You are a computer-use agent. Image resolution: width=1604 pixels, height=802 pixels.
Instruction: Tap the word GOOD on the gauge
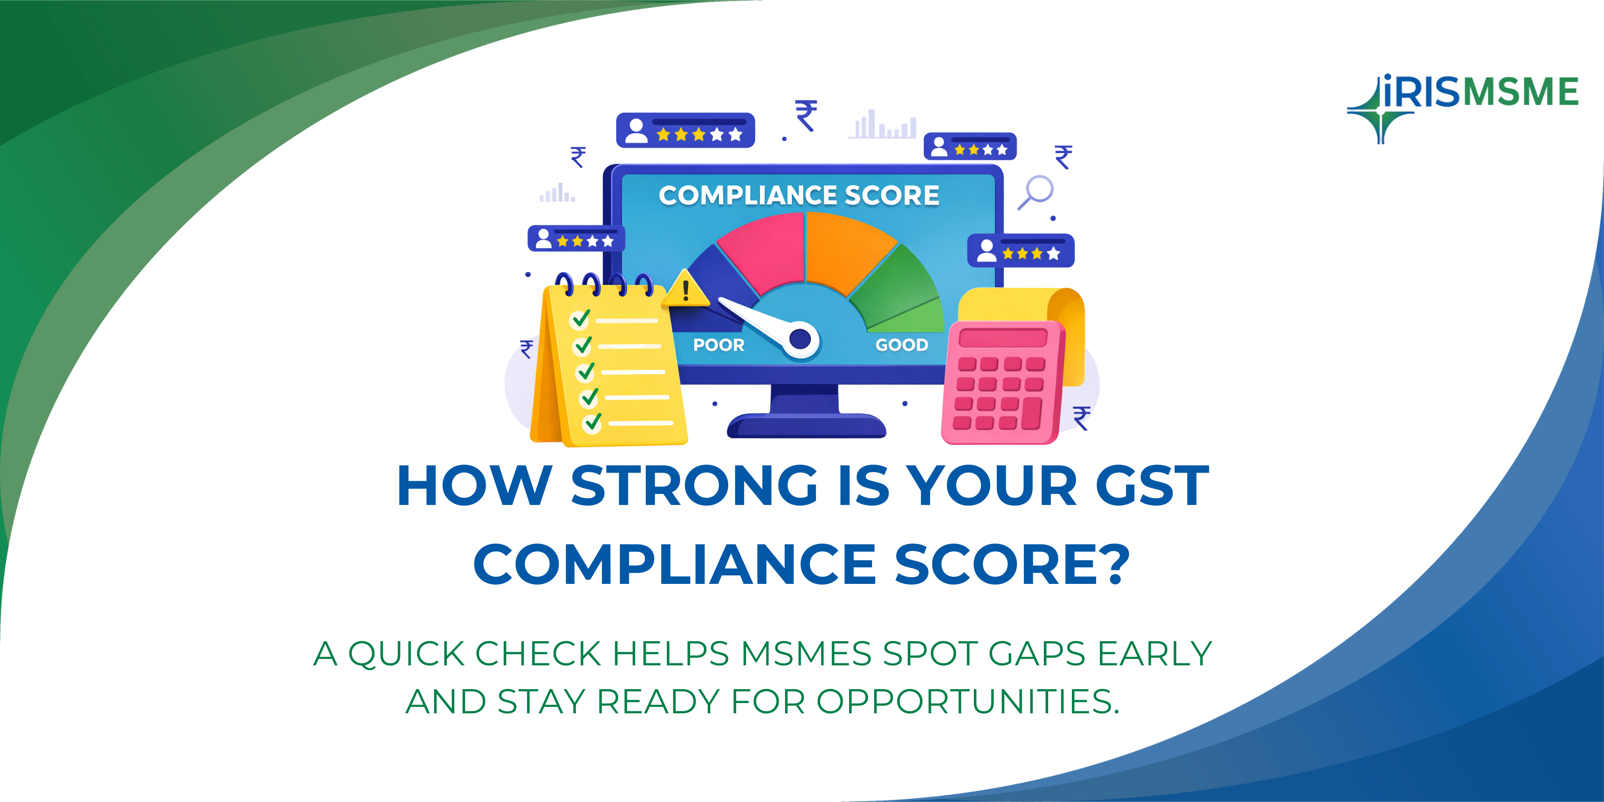902,345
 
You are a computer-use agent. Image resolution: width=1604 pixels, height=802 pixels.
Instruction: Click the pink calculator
1003,382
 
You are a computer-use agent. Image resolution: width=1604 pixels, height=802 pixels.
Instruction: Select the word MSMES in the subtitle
806,654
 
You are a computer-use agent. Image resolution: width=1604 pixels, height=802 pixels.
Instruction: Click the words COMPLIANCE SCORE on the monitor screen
799,196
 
